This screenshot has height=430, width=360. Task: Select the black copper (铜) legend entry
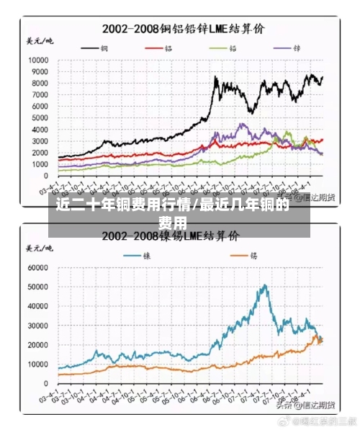point(97,48)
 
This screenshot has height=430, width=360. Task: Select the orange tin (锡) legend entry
point(244,256)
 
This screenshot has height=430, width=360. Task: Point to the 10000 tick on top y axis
point(37,60)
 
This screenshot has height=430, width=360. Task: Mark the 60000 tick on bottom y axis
point(35,266)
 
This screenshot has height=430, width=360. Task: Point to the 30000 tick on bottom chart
point(35,325)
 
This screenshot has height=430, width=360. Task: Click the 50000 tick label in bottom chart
point(35,287)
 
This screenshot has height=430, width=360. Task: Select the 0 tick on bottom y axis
point(45,383)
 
